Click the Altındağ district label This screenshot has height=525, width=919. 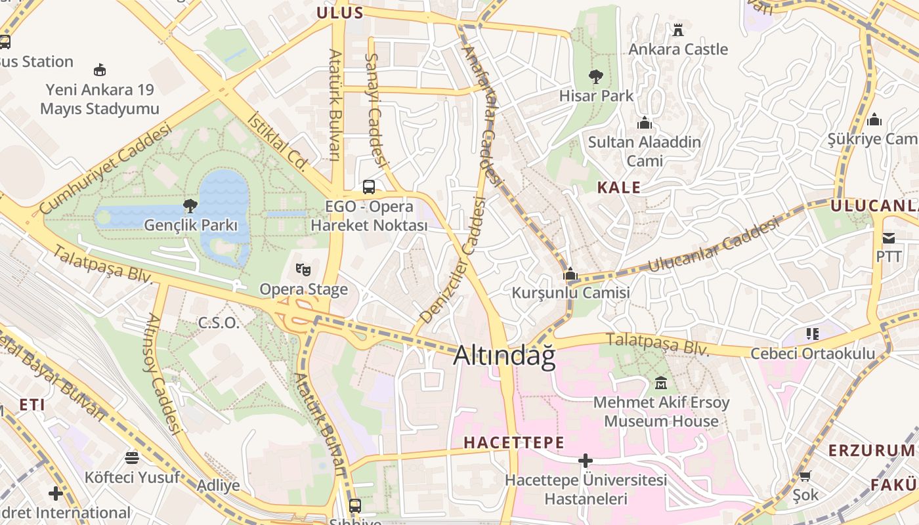pyautogui.click(x=504, y=356)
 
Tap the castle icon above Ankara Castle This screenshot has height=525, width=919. pyautogui.click(x=678, y=30)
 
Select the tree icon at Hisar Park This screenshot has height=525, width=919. pyautogui.click(x=596, y=77)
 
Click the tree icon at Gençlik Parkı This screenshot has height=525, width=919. pyautogui.click(x=190, y=206)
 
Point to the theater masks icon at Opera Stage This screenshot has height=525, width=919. pyautogui.click(x=303, y=269)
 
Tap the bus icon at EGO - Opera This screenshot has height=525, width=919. pyautogui.click(x=369, y=186)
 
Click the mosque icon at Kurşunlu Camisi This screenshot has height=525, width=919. pyautogui.click(x=570, y=274)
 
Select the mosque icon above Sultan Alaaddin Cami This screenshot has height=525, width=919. pyautogui.click(x=645, y=123)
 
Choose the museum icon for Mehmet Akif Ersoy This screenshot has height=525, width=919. pyautogui.click(x=661, y=383)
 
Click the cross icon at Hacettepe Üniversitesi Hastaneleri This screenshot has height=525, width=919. pyautogui.click(x=586, y=461)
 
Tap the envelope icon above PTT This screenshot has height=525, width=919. pyautogui.click(x=889, y=237)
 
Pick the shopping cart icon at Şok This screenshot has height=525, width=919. pyautogui.click(x=805, y=476)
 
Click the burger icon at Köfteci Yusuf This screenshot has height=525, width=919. pyautogui.click(x=132, y=457)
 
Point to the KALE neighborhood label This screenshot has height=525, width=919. pyautogui.click(x=618, y=188)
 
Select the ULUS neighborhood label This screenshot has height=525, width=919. pyautogui.click(x=340, y=12)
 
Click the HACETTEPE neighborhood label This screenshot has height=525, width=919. pyautogui.click(x=513, y=442)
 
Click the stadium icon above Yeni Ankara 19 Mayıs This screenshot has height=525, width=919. pyautogui.click(x=100, y=70)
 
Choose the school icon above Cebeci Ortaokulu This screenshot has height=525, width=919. pyautogui.click(x=813, y=334)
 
